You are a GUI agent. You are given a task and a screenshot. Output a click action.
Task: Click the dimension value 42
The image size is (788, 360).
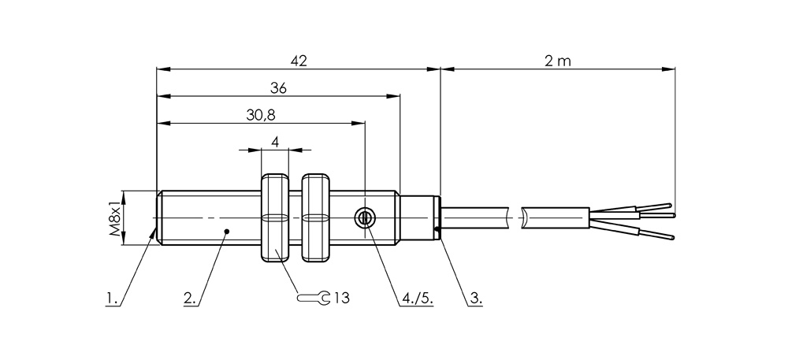point(298,61)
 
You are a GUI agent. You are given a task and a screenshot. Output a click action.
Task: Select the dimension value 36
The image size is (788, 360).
point(277,89)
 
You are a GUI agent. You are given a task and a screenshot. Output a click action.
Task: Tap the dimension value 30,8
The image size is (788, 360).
point(260,115)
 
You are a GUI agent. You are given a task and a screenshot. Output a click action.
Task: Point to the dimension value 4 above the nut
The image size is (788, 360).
point(275,142)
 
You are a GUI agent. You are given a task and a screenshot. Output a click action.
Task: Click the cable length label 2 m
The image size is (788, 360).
point(557,61)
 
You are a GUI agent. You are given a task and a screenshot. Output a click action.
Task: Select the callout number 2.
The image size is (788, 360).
point(189,299)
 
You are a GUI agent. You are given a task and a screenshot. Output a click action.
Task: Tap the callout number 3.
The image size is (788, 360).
point(475,299)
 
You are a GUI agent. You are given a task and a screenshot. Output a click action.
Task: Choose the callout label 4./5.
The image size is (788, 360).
point(418,299)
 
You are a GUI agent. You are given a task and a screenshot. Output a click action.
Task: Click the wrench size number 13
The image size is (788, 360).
point(340,298)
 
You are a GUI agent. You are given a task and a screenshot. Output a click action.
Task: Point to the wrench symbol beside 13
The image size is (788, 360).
point(314,298)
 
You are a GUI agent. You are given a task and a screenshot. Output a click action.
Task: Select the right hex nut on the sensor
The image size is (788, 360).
point(315,218)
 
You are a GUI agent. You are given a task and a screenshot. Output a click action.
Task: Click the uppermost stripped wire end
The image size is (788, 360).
point(656,206)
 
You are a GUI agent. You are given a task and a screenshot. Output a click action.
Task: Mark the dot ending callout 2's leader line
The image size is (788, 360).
point(227,232)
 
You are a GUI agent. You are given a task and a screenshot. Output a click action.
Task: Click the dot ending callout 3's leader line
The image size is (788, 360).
point(437,231)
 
